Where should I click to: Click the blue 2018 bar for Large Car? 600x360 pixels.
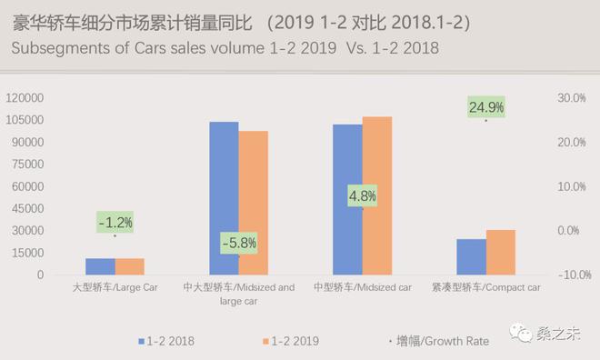[100, 266]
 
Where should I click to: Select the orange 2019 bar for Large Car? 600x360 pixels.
[130, 266]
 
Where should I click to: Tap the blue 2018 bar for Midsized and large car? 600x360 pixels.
[224, 198]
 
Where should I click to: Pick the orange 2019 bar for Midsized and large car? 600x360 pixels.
[254, 203]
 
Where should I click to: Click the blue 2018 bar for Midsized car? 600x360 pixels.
[347, 199]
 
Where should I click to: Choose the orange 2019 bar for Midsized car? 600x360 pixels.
[377, 195]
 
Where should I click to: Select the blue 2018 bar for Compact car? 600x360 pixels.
[471, 256]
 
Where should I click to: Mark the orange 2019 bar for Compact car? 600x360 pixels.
[501, 252]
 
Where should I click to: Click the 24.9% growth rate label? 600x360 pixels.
[485, 107]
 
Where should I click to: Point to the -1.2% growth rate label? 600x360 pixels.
[115, 222]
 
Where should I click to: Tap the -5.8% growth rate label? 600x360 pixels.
[239, 243]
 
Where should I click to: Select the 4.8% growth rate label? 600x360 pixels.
[362, 195]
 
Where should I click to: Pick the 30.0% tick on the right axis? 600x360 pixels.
[570, 98]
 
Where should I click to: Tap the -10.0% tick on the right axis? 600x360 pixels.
[568, 275]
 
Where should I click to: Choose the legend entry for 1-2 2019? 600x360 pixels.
[291, 342]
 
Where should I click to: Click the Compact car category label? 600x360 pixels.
[486, 287]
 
